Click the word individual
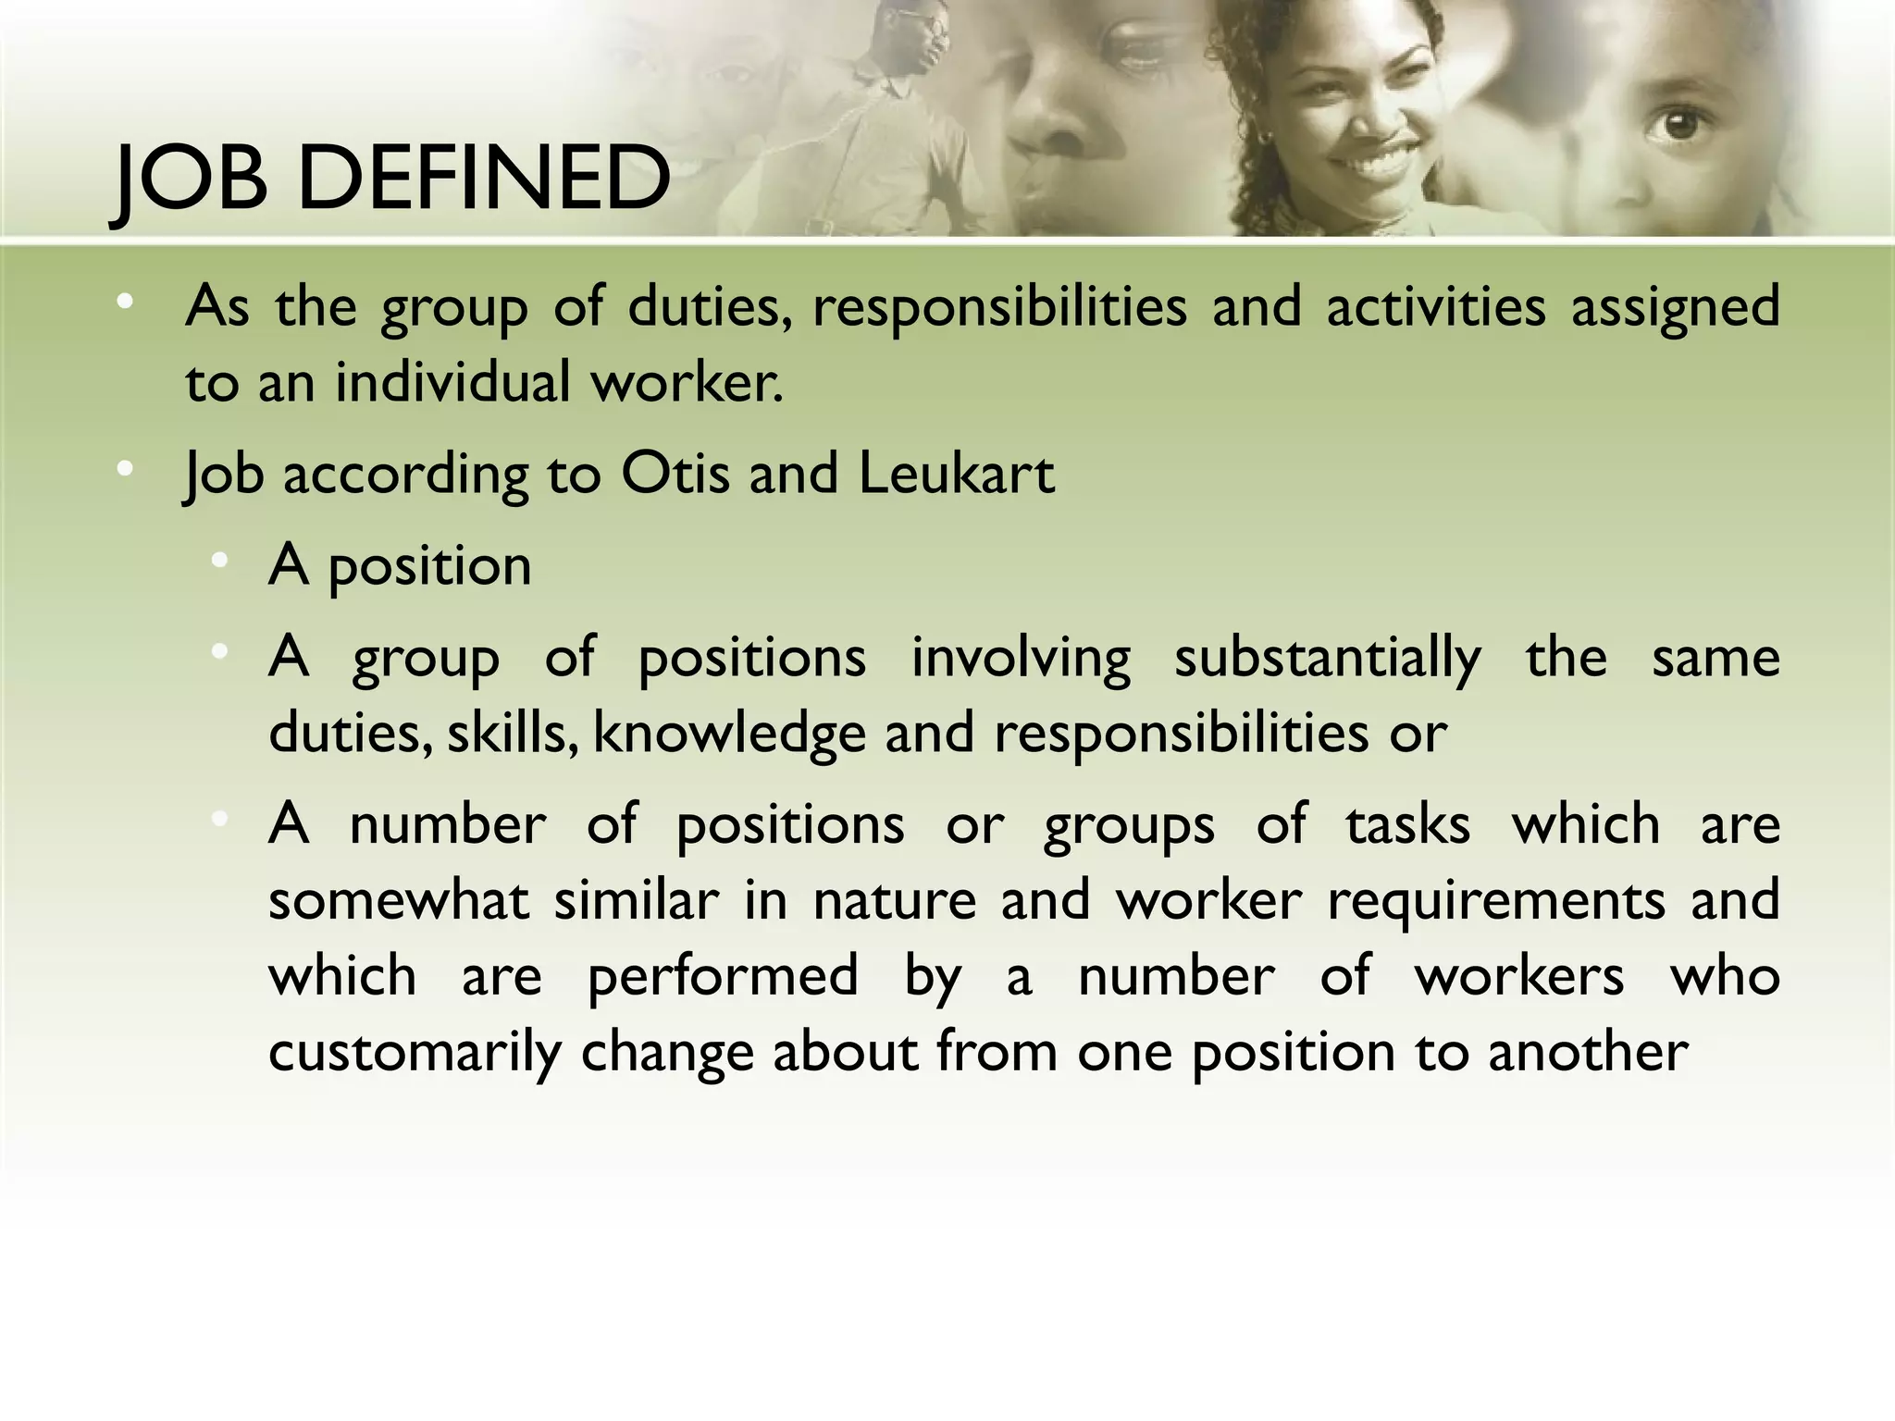point(452,381)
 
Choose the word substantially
point(1327,659)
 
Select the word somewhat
point(399,900)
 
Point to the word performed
point(723,977)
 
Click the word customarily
point(414,1053)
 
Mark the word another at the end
point(1588,1053)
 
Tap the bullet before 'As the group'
point(125,302)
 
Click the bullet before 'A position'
point(219,561)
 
